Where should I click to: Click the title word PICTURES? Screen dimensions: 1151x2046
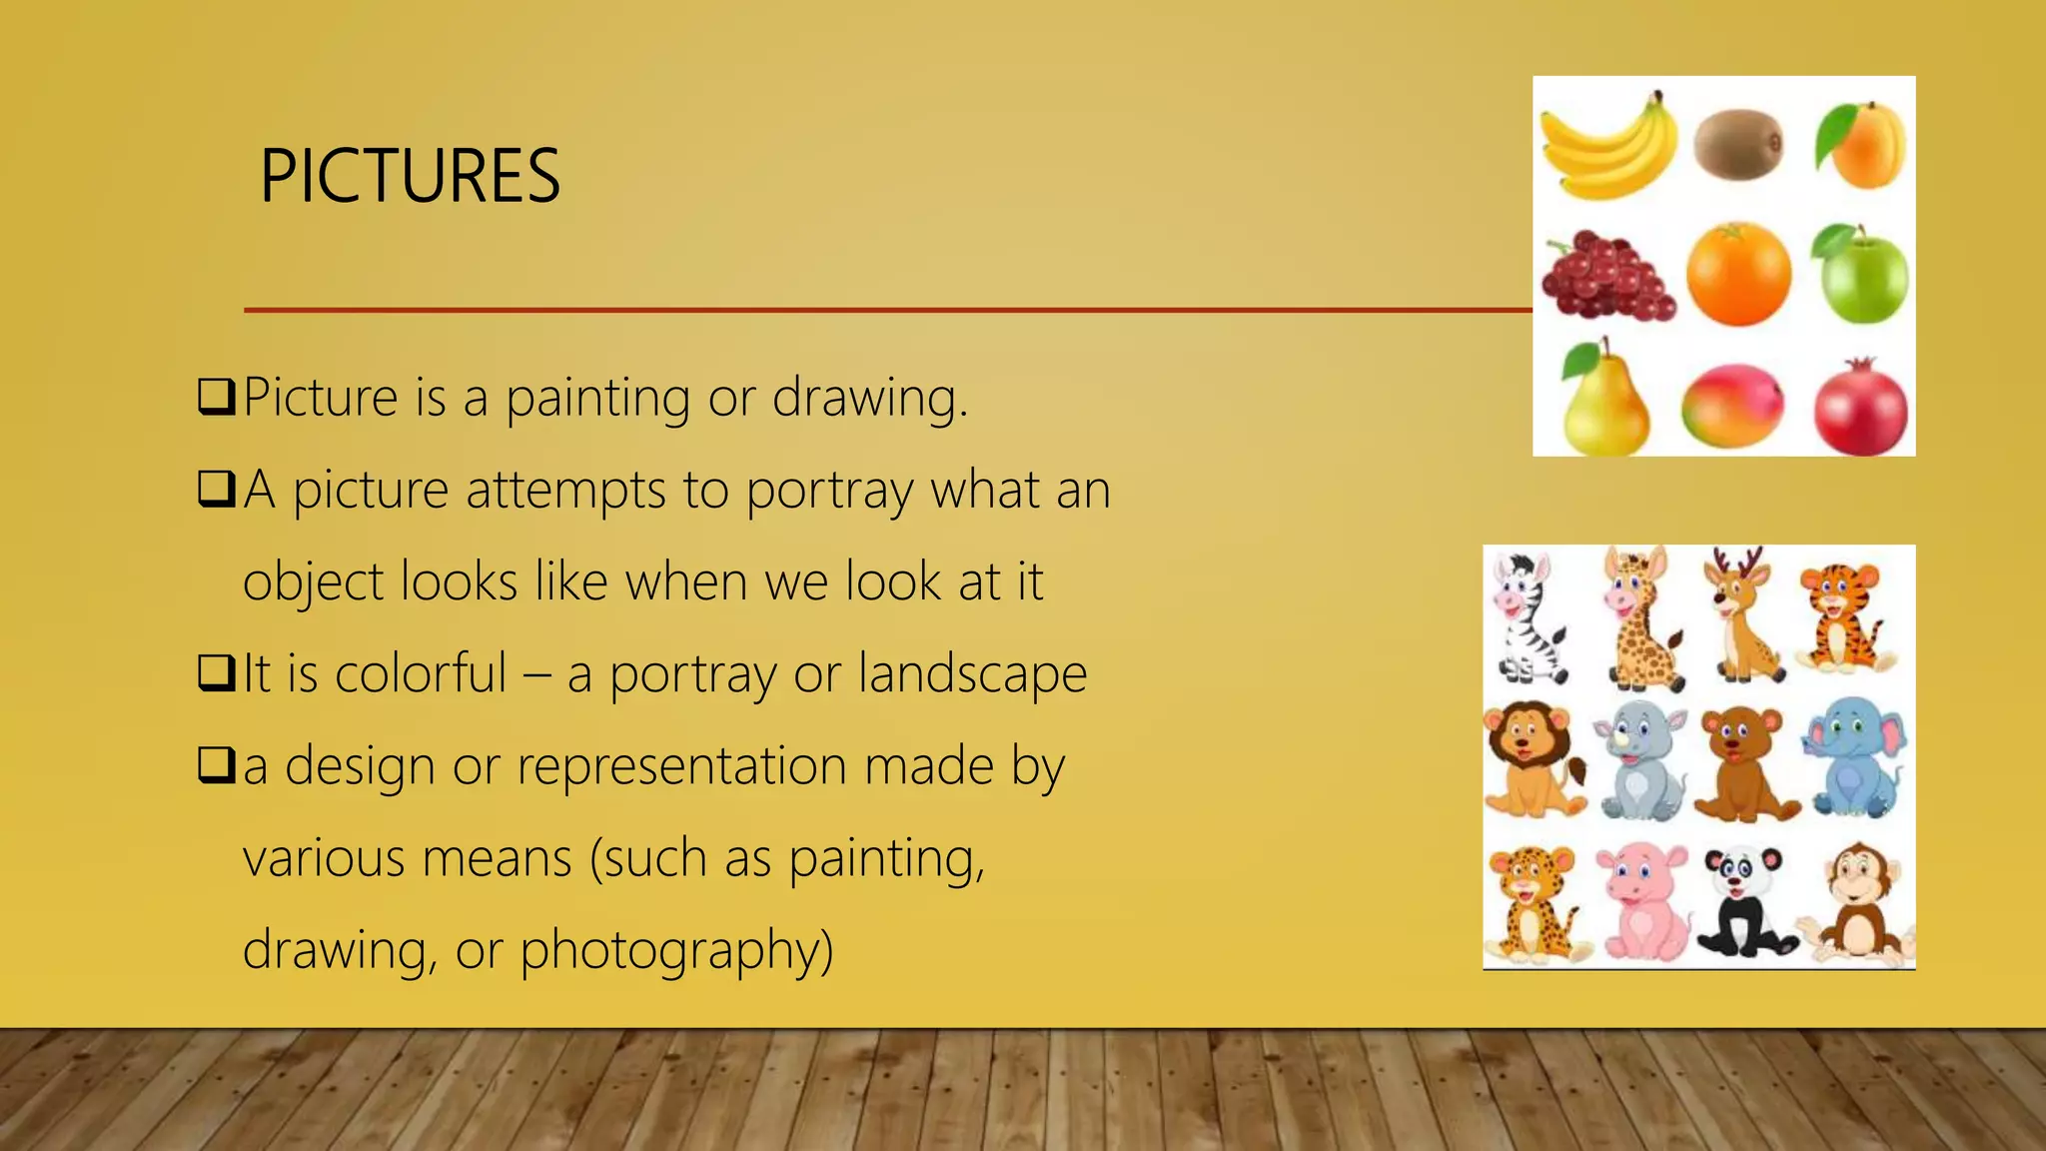[x=410, y=176]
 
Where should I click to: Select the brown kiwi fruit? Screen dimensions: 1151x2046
[x=1738, y=144]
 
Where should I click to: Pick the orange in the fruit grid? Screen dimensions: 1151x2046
[x=1738, y=274]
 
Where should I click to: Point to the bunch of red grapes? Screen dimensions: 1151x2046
[x=1606, y=278]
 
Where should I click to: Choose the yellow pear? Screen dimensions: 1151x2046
[x=1602, y=400]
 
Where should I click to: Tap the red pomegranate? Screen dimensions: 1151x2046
[x=1860, y=408]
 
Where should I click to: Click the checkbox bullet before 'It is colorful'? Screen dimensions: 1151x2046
[x=216, y=672]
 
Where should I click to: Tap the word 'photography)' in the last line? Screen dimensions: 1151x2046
[x=676, y=950]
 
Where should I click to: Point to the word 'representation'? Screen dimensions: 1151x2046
[x=681, y=767]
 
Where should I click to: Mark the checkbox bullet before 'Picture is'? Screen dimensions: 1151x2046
[x=216, y=397]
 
